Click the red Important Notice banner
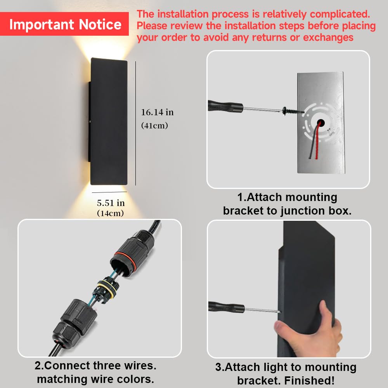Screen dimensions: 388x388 [64, 24]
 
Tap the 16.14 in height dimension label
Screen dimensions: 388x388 [158, 113]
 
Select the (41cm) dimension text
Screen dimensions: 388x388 [155, 125]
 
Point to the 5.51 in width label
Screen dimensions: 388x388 [111, 203]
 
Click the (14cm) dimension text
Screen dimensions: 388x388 [110, 213]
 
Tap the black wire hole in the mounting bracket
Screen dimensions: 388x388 [321, 123]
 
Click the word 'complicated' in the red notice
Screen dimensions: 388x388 [340, 14]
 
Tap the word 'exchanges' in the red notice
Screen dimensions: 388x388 [328, 37]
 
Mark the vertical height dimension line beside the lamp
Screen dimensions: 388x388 [135, 123]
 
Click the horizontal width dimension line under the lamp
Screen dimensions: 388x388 [109, 192]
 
